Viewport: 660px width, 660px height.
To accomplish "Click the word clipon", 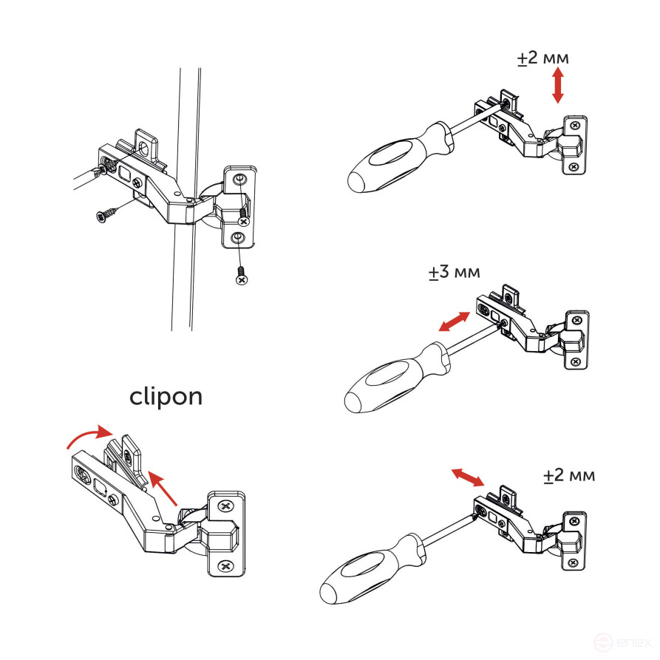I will pos(166,396).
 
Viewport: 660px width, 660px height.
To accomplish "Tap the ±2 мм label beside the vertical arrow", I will pos(543,59).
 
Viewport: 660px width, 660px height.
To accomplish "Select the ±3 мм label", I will pos(454,272).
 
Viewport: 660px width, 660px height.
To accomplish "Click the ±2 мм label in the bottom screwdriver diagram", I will pos(569,474).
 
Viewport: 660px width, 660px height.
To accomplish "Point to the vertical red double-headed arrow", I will pos(558,86).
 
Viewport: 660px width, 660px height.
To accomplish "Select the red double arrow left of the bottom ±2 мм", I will pos(468,477).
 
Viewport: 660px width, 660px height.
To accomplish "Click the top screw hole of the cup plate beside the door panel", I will pos(239,181).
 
